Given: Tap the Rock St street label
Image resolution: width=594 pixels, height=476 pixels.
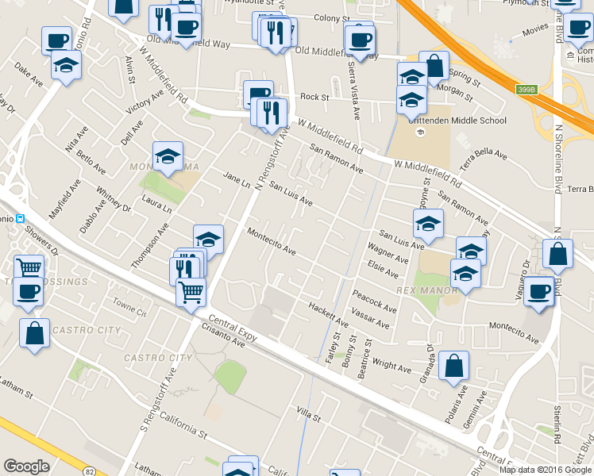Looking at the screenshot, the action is [314, 97].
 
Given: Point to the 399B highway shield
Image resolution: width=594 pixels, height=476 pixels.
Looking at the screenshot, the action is [526, 90].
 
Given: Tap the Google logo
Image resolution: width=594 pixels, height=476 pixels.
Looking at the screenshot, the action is [26, 466].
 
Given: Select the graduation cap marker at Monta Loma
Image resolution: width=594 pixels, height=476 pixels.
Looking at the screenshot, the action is [168, 157].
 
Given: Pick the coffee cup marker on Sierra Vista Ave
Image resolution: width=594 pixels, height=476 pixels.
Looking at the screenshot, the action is [359, 40].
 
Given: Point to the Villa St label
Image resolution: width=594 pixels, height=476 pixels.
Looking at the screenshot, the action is [308, 415].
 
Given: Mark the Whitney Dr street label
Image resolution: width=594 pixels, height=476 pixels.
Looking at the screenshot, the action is [113, 200].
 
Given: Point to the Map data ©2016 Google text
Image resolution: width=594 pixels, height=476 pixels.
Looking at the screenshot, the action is [545, 469].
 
